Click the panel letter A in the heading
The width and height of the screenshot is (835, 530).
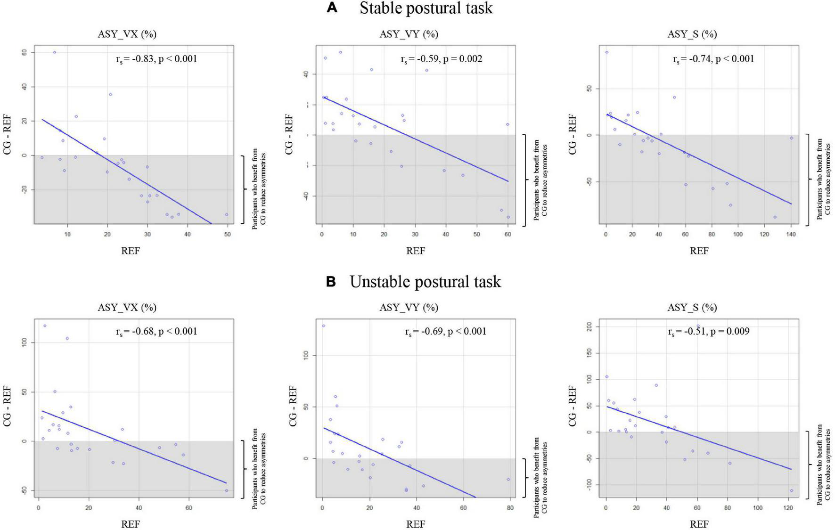tap(332, 8)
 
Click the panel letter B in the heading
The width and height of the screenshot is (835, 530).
tap(331, 282)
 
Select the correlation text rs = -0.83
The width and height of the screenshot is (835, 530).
tap(135, 59)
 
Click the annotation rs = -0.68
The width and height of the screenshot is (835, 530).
tap(135, 331)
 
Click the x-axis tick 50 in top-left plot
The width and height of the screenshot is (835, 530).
tap(228, 234)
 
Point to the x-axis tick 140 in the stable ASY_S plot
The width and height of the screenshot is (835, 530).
tap(791, 234)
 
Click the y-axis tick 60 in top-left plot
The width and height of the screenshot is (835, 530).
tap(23, 52)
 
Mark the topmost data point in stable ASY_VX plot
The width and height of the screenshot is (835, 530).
tap(54, 52)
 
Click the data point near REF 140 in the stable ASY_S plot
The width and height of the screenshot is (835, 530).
tap(792, 138)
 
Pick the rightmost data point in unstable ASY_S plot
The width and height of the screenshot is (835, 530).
tap(791, 490)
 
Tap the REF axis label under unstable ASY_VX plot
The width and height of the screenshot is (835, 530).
tap(131, 524)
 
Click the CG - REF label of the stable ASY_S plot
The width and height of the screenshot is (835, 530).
tap(573, 134)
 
